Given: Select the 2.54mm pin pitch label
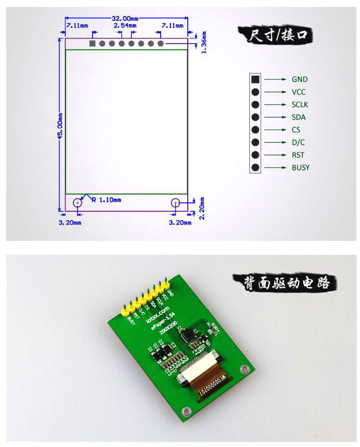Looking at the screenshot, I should (125, 26).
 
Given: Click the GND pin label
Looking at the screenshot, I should (300, 80).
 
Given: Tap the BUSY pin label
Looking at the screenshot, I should (301, 168).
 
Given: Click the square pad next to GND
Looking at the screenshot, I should (255, 80).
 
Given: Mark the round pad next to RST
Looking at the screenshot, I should (255, 155).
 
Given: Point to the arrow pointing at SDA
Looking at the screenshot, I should (275, 117).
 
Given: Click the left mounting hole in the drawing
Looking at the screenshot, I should (78, 203).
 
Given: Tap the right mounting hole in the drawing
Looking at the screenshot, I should (175, 203).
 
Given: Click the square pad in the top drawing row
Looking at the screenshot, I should (92, 44).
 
